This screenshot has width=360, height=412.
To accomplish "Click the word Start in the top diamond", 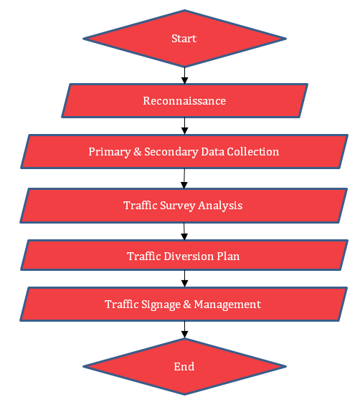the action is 184,39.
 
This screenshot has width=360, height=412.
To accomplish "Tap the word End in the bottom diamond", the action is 184,367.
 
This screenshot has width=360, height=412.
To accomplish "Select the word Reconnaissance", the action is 184,101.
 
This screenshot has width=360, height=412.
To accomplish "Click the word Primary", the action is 110,152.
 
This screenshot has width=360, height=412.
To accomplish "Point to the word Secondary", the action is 171,152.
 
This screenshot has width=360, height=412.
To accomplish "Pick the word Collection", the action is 252,152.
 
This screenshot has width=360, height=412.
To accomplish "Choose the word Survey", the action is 178,206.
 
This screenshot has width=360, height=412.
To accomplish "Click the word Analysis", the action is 220,206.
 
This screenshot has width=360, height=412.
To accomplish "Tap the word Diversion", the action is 189,257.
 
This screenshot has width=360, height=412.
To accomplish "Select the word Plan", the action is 228,257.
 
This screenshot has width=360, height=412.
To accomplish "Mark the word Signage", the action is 161,305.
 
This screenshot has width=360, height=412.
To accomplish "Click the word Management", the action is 227,305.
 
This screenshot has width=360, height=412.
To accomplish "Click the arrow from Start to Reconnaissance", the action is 184,75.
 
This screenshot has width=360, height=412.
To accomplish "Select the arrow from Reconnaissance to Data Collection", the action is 184,126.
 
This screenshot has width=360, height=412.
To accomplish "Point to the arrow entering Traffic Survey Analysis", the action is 184,178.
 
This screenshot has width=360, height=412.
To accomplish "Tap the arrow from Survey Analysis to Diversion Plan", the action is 184,231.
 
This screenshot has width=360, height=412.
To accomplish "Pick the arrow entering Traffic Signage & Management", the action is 184,279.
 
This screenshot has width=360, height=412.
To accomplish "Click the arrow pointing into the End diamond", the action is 184,330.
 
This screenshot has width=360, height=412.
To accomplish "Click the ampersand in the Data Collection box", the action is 137,152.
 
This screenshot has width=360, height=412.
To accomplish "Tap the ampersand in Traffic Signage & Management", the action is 187,305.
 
